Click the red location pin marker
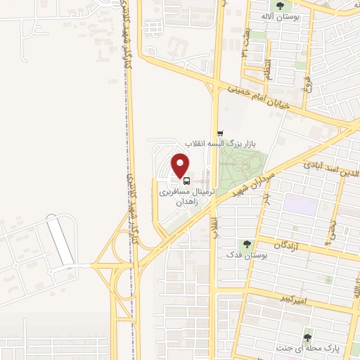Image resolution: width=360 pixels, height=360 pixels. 182,165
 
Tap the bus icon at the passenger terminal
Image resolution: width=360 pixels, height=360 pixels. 186,180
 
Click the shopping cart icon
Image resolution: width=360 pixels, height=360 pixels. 221,133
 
